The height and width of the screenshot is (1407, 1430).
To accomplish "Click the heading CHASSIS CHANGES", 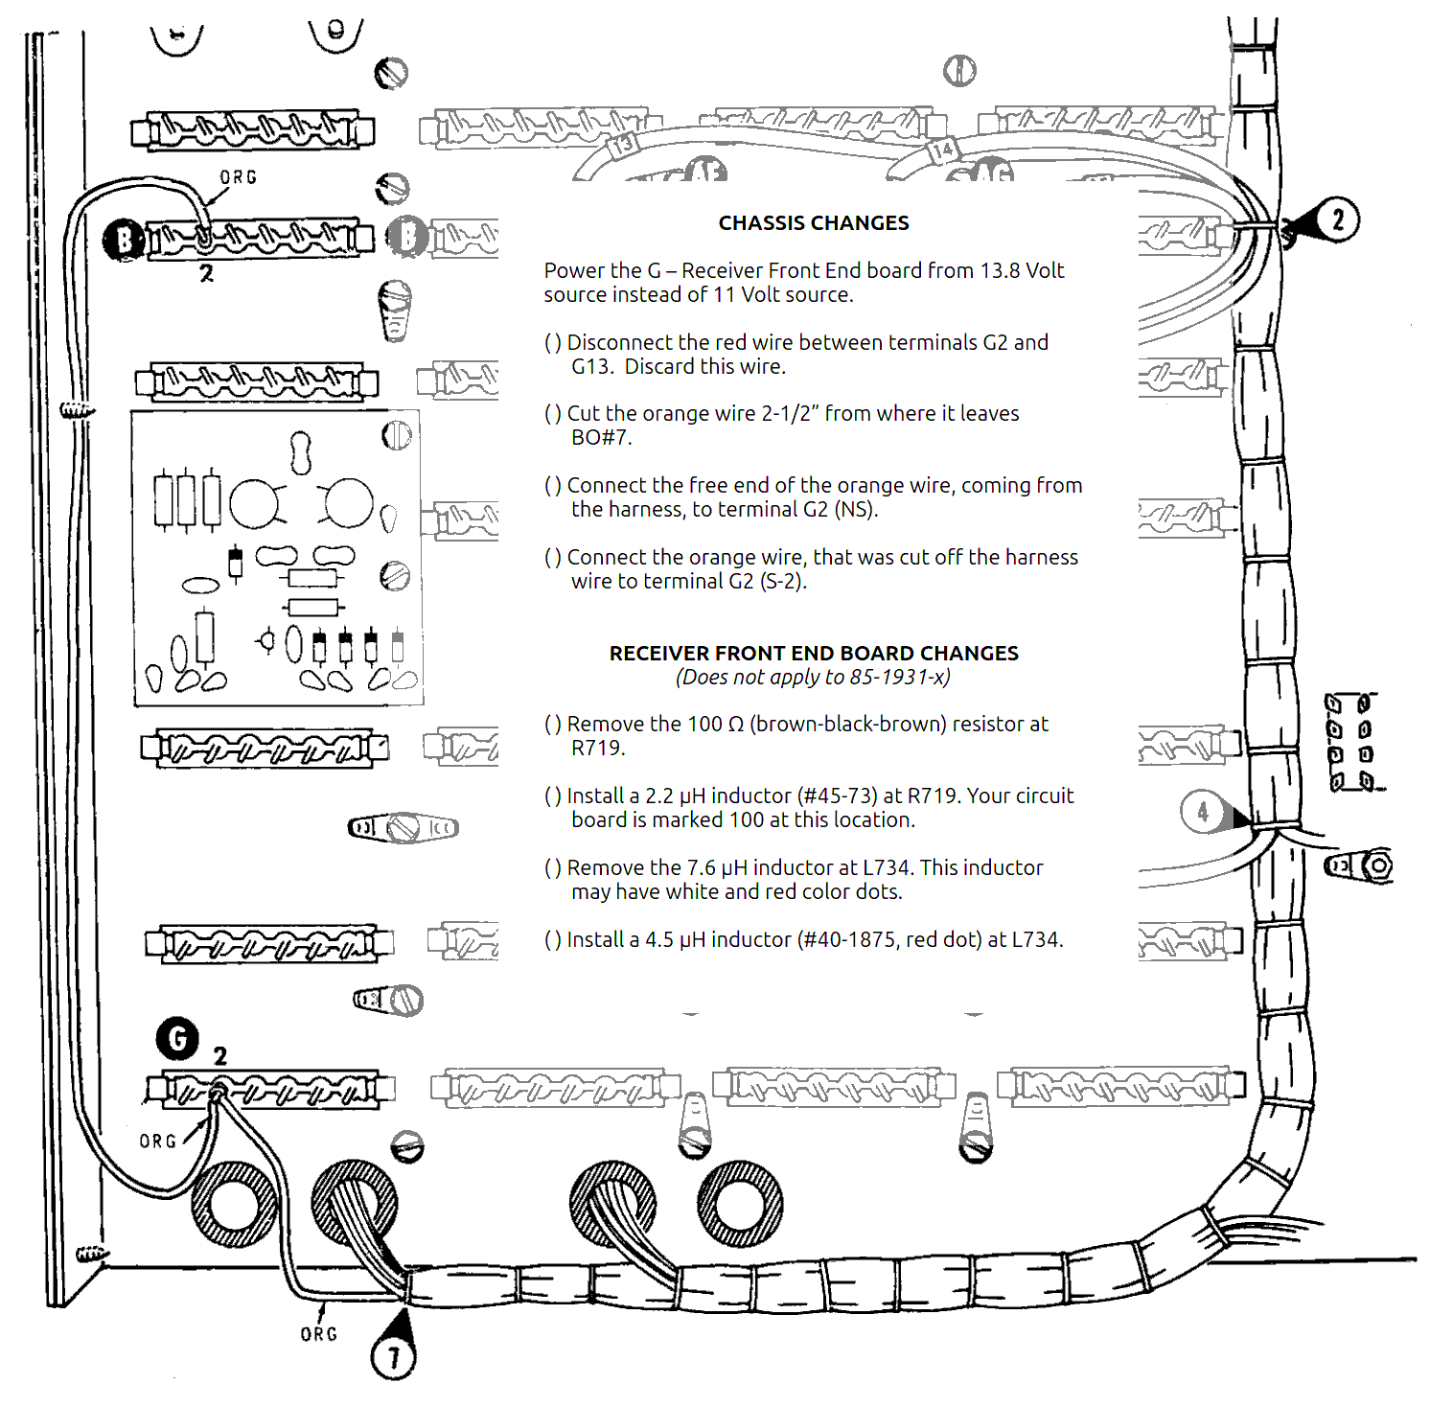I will (x=814, y=223).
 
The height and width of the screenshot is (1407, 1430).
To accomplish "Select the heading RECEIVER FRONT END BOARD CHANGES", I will (x=814, y=654).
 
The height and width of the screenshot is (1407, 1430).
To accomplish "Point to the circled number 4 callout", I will (x=1203, y=812).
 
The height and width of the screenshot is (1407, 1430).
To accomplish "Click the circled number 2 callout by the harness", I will (x=1337, y=219).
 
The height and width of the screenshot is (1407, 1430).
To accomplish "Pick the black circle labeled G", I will (x=177, y=1038).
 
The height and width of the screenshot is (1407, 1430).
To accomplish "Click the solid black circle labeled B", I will (x=123, y=239).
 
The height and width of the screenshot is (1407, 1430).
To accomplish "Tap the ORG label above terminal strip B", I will (x=238, y=177).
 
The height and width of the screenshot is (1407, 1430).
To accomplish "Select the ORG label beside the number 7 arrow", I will (x=318, y=1334).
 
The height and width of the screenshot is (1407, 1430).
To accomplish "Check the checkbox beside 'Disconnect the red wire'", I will (x=553, y=343).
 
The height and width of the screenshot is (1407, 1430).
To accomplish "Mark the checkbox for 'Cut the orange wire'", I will (x=553, y=414).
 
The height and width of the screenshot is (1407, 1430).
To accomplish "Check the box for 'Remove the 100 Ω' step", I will (x=553, y=725).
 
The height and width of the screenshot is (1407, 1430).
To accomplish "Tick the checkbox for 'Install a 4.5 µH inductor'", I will (x=553, y=940).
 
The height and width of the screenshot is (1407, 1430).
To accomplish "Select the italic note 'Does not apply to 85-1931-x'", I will (x=813, y=678).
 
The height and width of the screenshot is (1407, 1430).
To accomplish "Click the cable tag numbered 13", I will (x=622, y=146).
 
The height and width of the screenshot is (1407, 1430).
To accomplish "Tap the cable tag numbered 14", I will (x=941, y=150).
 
